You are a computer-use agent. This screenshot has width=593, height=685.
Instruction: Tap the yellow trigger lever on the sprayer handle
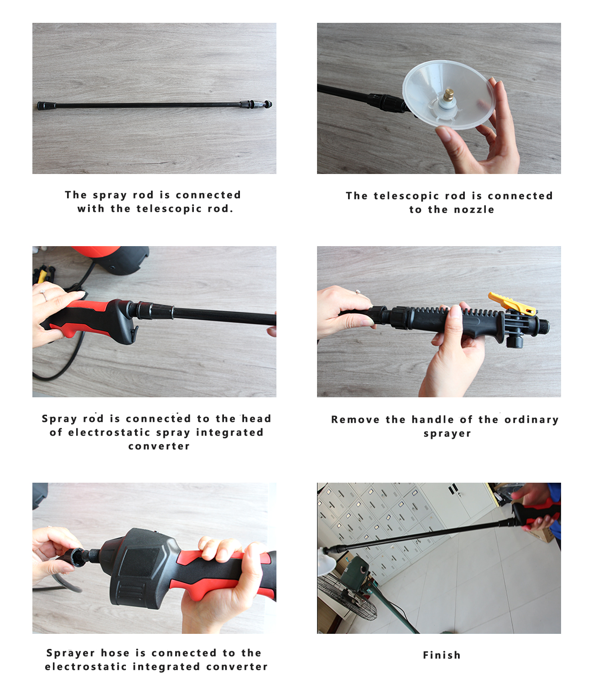coord(511,304)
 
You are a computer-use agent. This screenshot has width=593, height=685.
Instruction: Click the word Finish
coord(442,655)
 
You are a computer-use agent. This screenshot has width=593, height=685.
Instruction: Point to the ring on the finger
coord(44,295)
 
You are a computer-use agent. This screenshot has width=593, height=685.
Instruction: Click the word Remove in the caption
coord(355,420)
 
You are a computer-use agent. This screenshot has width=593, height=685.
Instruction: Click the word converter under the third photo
coord(159,446)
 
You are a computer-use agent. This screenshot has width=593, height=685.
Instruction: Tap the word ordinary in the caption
coord(531,420)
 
